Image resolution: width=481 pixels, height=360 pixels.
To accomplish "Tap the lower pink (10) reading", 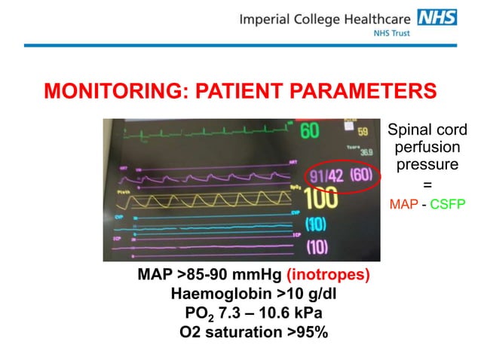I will (317, 246).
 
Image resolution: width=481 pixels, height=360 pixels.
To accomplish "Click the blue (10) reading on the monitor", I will (317, 224).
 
